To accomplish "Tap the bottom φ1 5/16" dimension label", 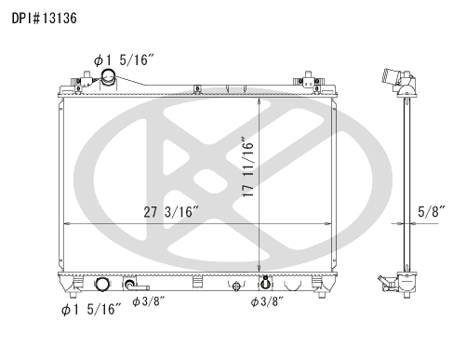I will pyautogui.click(x=90, y=308).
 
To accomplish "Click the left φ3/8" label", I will pyautogui.click(x=149, y=300).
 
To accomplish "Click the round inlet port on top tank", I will pyautogui.click(x=108, y=80).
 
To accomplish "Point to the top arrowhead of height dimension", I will pyautogui.click(x=260, y=98).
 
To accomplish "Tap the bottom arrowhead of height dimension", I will pyautogui.click(x=260, y=267).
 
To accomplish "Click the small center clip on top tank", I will pyautogui.click(x=198, y=89).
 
